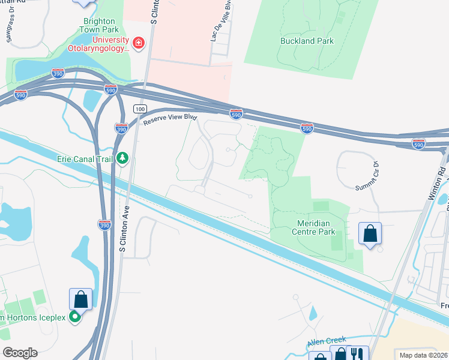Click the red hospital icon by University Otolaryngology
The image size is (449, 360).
coord(139,43)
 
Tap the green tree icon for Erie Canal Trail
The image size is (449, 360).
coord(123,158)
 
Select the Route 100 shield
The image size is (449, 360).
coord(140,109)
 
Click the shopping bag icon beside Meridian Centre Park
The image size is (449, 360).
coord(370,233)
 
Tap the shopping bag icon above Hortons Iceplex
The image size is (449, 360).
coord(80,299)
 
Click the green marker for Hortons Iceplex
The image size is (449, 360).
coord(75,316)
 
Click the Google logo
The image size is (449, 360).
coord(20,353)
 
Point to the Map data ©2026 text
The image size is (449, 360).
coord(423,355)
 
